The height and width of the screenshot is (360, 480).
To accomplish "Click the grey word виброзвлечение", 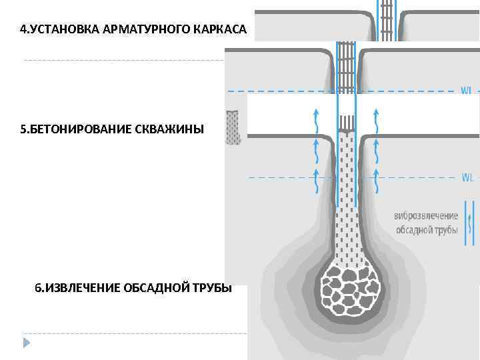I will point(426,216).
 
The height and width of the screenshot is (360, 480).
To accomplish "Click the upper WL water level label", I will point(467,90).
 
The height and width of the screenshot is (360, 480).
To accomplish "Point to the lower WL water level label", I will point(468,177).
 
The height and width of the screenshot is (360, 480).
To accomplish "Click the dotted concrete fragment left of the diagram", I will point(233,127).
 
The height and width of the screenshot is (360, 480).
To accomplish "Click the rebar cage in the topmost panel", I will point(386,17).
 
